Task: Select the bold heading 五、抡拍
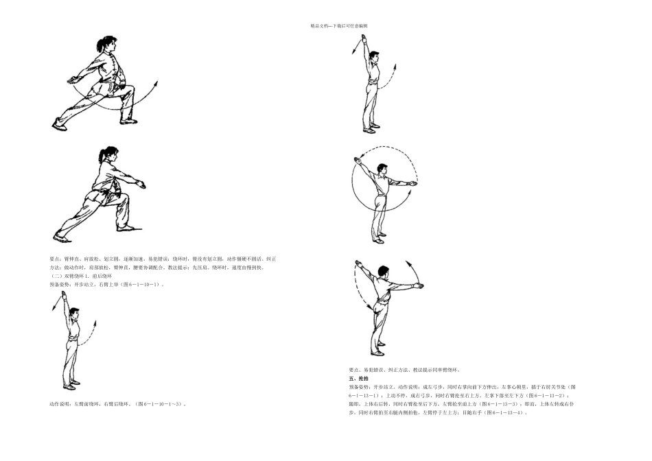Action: (358, 379)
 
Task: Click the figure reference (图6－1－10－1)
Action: (141, 284)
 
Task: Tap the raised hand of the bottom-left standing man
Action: (65, 294)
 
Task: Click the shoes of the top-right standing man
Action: (371, 130)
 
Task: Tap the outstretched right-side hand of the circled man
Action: (413, 183)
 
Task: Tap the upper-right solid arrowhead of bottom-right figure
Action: (410, 263)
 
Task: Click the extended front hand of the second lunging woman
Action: (141, 184)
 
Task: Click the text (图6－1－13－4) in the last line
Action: (507, 413)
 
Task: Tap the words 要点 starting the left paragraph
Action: (55, 259)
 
